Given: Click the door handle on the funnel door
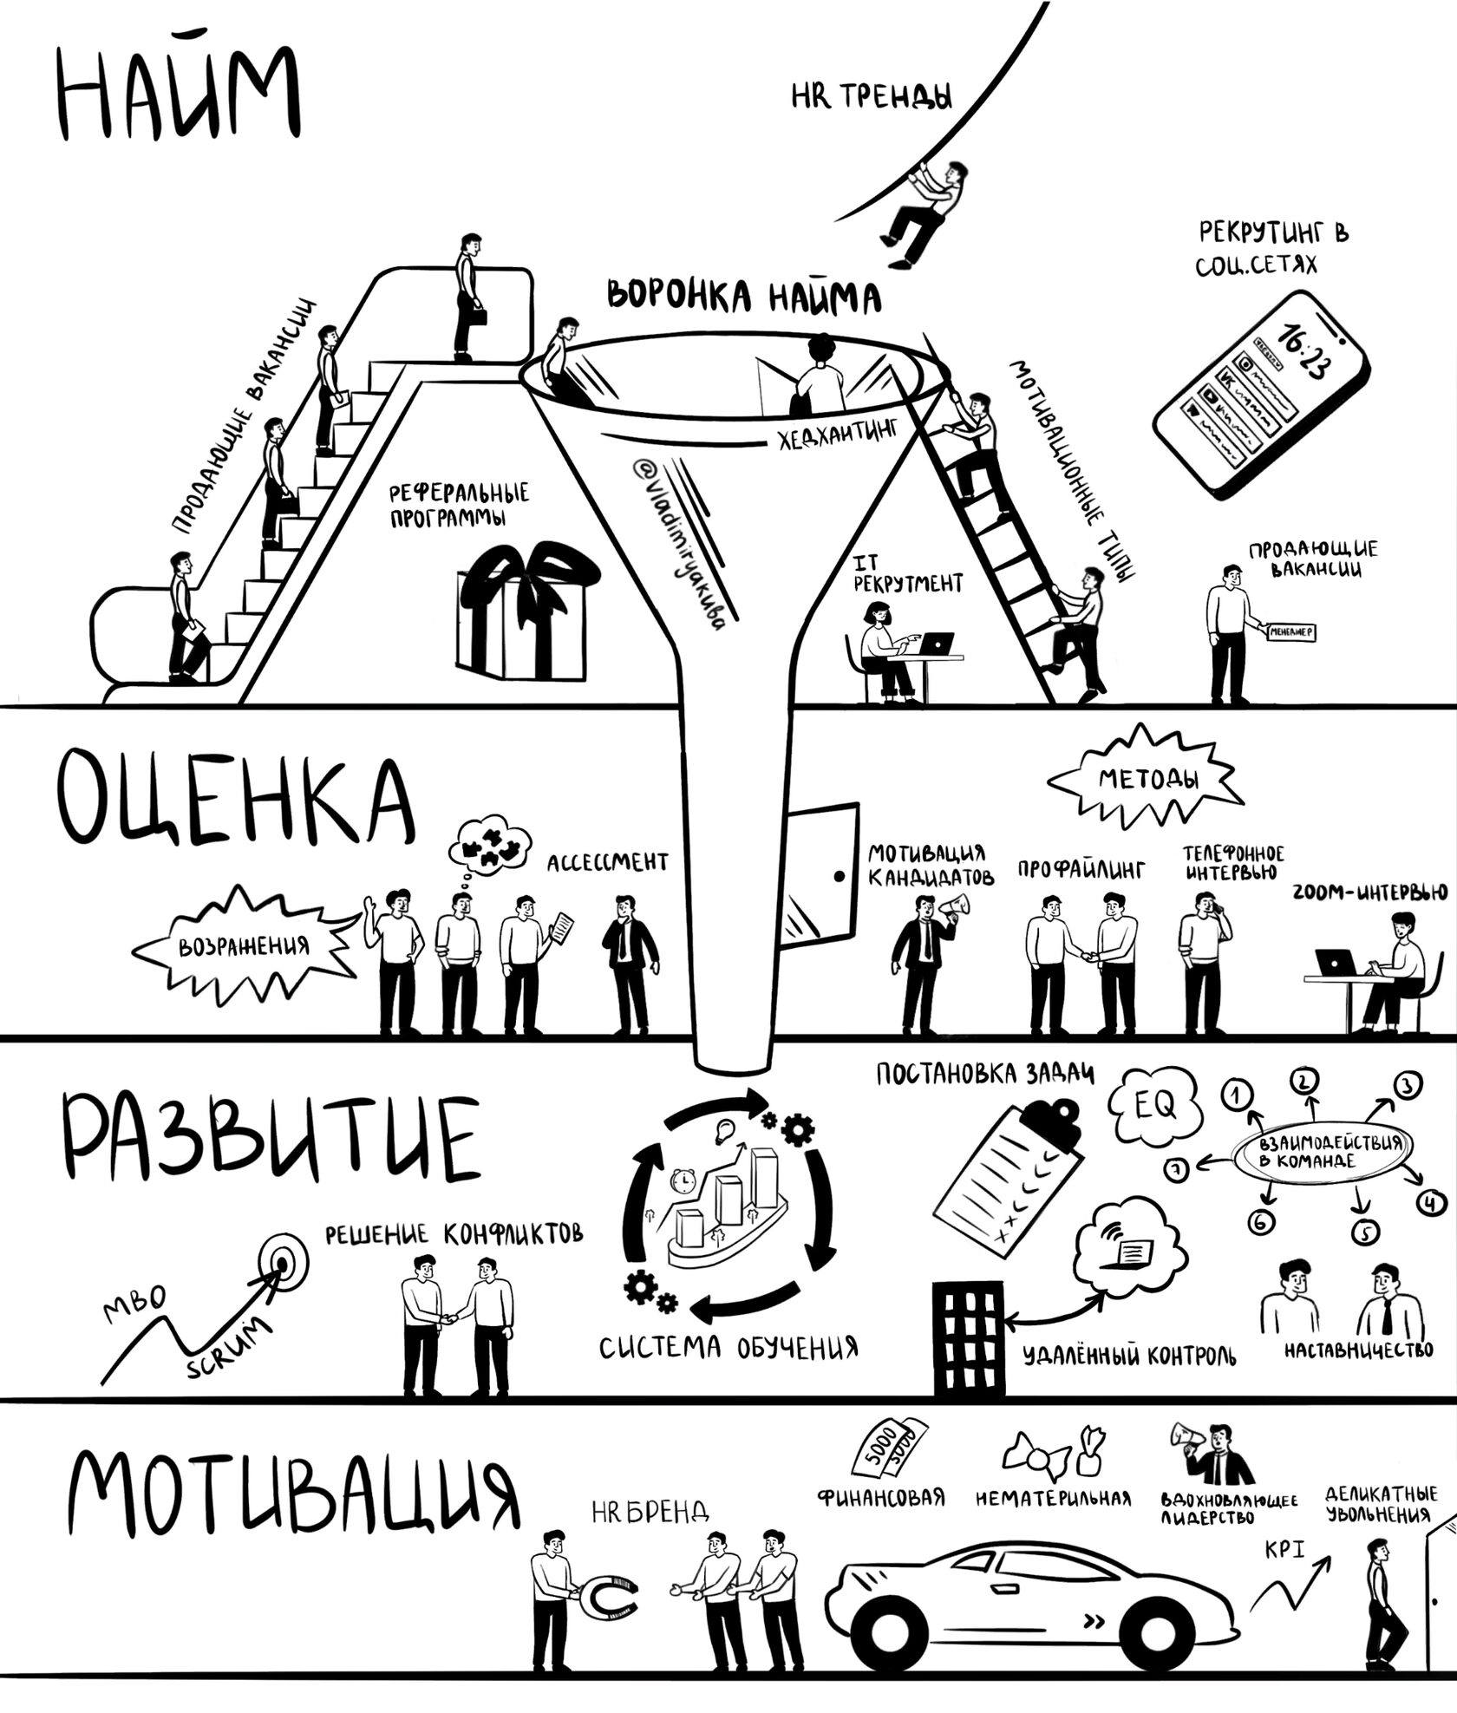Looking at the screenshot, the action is tap(839, 876).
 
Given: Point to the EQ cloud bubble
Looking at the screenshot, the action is tap(1156, 1105).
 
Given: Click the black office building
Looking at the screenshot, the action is tap(968, 1337).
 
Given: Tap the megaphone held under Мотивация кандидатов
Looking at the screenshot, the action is tap(954, 907).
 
